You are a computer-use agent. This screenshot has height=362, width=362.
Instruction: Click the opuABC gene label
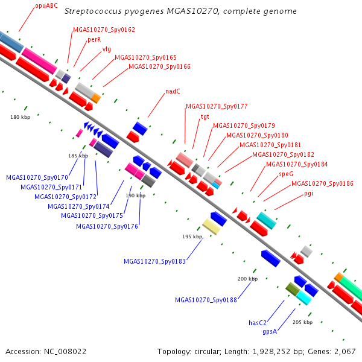coord(46,5)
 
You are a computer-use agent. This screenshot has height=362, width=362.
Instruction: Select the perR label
coord(94,39)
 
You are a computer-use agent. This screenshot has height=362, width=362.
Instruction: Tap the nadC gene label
coord(173,91)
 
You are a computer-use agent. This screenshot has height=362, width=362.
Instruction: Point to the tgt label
coord(205,117)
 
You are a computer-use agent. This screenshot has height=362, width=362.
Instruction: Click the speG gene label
coord(286,174)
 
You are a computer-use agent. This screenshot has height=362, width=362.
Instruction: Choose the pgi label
coord(308,194)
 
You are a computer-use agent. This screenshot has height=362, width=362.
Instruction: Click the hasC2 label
coord(258,323)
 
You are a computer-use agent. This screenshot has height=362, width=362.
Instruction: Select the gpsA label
coord(270,331)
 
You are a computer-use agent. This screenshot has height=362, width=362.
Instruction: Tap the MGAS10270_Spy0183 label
coord(154,261)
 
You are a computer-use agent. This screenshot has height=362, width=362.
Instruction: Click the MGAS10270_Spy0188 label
coord(206,300)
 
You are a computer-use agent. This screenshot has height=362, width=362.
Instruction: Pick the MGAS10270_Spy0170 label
coord(37,177)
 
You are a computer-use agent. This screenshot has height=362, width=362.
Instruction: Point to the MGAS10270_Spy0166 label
coord(159,66)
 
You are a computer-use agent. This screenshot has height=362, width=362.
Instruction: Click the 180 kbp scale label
coord(21,117)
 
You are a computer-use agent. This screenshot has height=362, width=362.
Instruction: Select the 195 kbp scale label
coord(192,237)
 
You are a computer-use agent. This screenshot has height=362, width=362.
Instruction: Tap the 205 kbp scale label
coord(303,322)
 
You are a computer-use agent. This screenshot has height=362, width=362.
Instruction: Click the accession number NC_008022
coord(65,352)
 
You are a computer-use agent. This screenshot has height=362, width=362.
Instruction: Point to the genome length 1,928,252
coord(271,352)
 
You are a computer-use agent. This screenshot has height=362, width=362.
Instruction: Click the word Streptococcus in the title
coord(93,11)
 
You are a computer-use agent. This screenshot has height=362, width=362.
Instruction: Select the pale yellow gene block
coord(211,227)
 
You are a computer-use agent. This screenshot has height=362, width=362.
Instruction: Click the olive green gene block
coord(293,289)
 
